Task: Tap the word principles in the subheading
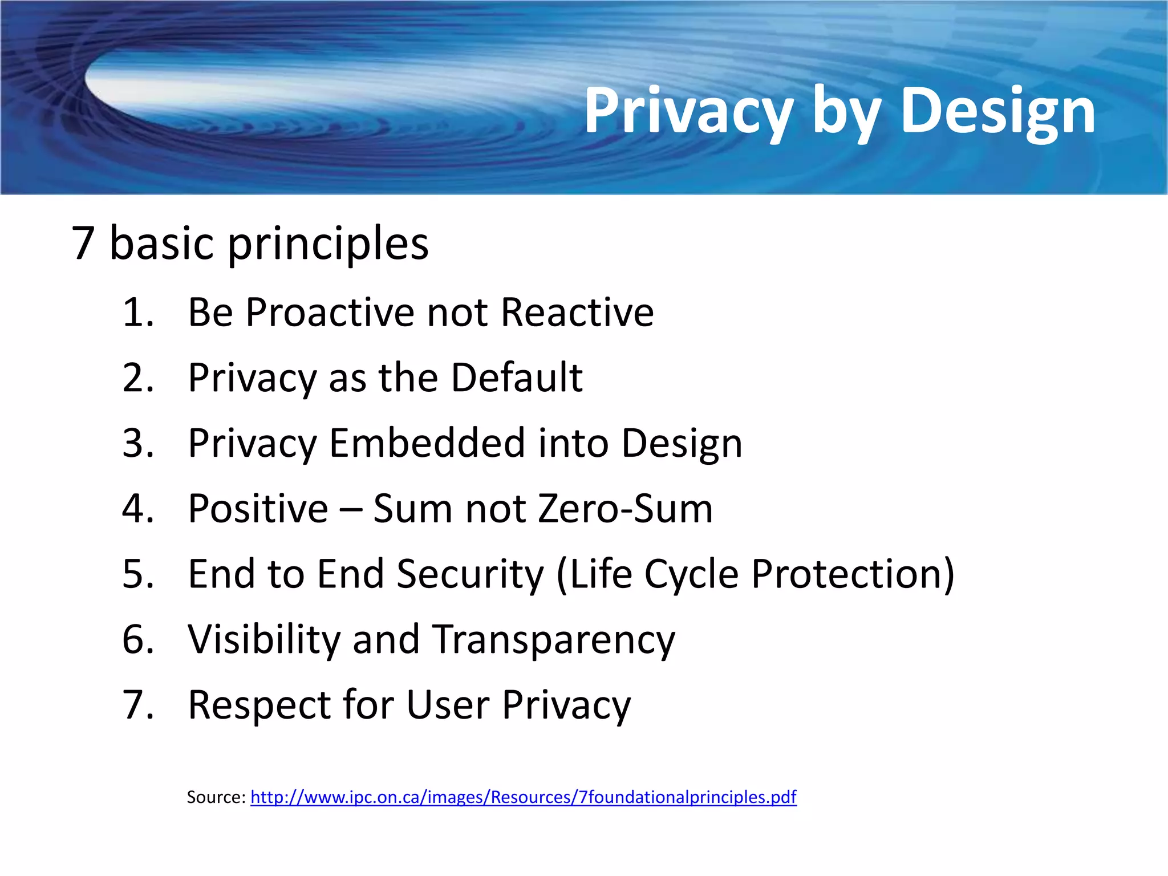click(x=328, y=244)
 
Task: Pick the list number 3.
click(x=137, y=443)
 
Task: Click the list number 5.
click(x=137, y=574)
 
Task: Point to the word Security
click(x=471, y=575)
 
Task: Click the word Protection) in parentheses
click(x=853, y=574)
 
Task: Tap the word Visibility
click(x=264, y=639)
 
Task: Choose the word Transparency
click(x=553, y=640)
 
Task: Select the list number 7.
click(x=137, y=705)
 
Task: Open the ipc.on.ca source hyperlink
click(x=523, y=797)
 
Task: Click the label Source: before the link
click(x=216, y=797)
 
